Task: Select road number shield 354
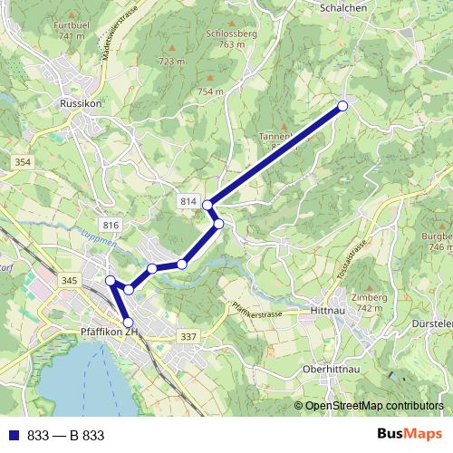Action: coord(23,161)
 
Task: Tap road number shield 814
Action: coord(188,200)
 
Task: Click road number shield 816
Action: coord(111,225)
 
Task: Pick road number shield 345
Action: coord(69,282)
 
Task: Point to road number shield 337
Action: coord(188,336)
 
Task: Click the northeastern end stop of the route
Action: coord(342,106)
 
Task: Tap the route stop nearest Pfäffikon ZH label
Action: coord(128,323)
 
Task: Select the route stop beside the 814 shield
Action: coord(207,205)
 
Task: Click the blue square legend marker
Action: coord(14,436)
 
